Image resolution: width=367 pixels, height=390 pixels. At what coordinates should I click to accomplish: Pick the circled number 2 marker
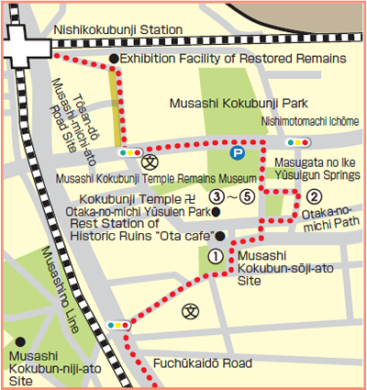pyautogui.click(x=313, y=195)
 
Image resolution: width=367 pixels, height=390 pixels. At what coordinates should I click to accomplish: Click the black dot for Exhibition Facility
pyautogui.click(x=113, y=59)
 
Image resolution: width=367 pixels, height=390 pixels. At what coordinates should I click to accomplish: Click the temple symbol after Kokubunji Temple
pyautogui.click(x=190, y=196)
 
